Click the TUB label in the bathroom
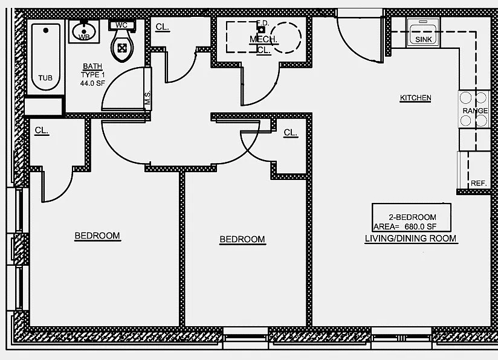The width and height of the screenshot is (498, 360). tap(45, 78)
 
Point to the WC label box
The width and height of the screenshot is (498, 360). tap(122, 25)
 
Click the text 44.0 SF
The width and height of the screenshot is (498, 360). tap(92, 83)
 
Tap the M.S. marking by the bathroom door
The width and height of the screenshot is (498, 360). tap(147, 98)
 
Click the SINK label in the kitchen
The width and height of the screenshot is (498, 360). tap(424, 39)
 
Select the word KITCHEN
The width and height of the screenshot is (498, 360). tap(415, 98)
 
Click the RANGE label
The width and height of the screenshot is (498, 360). tap(475, 111)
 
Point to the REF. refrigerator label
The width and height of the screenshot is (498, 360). tap(479, 183)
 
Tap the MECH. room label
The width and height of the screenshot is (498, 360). tap(264, 40)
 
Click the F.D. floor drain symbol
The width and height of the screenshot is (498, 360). tap(262, 28)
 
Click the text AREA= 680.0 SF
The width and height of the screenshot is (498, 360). tap(404, 227)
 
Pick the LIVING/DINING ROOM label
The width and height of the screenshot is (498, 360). tap(411, 239)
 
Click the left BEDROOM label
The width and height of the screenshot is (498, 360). tap(97, 236)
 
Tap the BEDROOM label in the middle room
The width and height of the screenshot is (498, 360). tap(242, 239)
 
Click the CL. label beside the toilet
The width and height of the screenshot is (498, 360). tap(162, 27)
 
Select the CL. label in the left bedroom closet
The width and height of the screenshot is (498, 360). tap(42, 130)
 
